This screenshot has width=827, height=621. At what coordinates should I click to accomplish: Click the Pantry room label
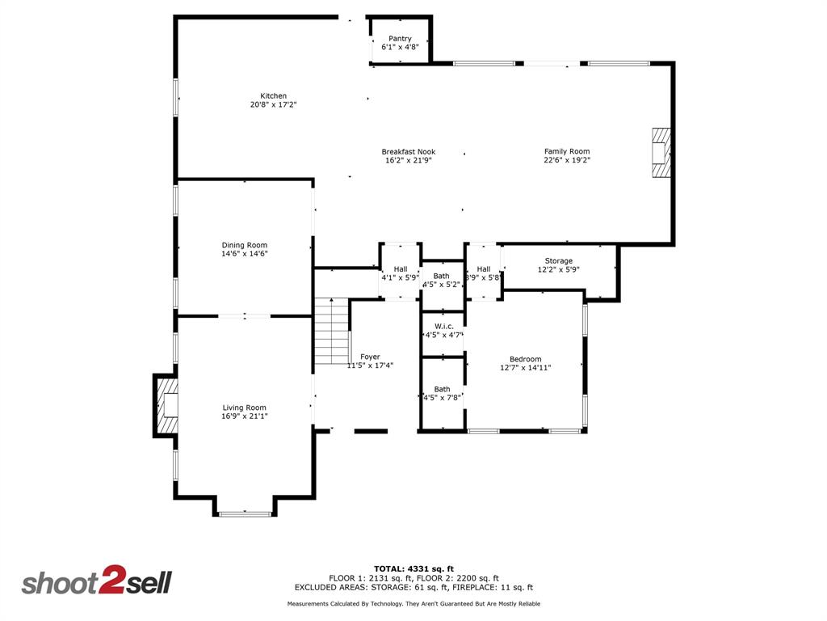tap(400, 39)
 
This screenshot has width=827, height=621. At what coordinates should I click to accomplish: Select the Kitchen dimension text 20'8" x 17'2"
tap(273, 104)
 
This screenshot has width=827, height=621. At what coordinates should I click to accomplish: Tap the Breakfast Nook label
tap(408, 151)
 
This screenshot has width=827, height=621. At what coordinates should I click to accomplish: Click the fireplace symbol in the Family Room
tap(661, 151)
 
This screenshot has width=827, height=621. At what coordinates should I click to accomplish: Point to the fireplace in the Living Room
tap(167, 406)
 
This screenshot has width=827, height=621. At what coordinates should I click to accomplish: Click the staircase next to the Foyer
tap(330, 332)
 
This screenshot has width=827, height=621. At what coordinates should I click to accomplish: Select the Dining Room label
tap(244, 245)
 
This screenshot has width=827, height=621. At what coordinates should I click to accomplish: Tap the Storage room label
tap(558, 260)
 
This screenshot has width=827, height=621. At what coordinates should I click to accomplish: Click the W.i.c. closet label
tap(443, 326)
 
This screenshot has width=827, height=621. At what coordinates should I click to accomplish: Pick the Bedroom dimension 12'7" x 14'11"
tap(525, 367)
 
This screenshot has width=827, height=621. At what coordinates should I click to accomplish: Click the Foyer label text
tap(370, 357)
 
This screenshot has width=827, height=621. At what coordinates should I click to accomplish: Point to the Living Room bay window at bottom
tap(246, 513)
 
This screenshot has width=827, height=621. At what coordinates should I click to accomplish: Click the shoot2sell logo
tap(96, 582)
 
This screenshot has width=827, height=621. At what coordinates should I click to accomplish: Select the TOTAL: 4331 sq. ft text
tap(413, 568)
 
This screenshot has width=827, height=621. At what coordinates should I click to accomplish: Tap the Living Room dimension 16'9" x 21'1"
tap(244, 416)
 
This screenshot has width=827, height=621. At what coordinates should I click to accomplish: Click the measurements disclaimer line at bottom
tap(413, 604)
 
